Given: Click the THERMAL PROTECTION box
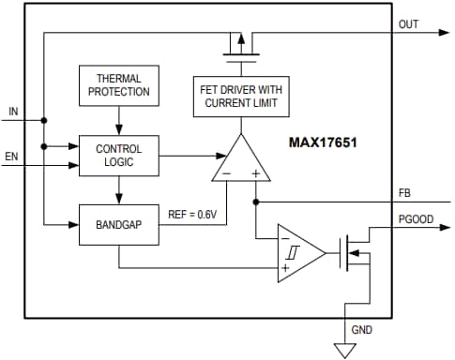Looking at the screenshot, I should coord(119,85).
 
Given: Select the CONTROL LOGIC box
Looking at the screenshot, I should coord(119,156).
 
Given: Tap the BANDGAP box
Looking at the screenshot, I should coord(119,225).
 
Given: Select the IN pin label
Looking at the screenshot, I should coord(13,112).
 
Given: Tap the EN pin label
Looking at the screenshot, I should coord(13,155).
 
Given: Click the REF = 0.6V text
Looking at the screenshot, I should coord(192,214).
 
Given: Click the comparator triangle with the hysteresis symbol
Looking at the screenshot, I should coord(298,251).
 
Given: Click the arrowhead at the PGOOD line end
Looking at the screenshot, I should coord(444,226).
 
